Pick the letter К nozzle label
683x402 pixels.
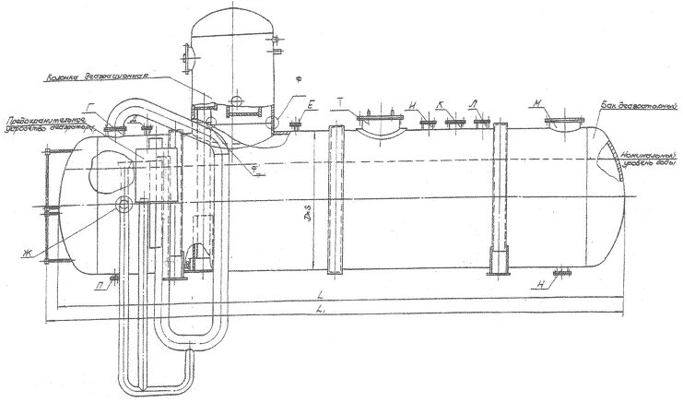pos(442,106)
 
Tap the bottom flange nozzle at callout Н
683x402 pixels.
pos(563,273)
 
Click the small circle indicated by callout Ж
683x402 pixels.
pos(124,204)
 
